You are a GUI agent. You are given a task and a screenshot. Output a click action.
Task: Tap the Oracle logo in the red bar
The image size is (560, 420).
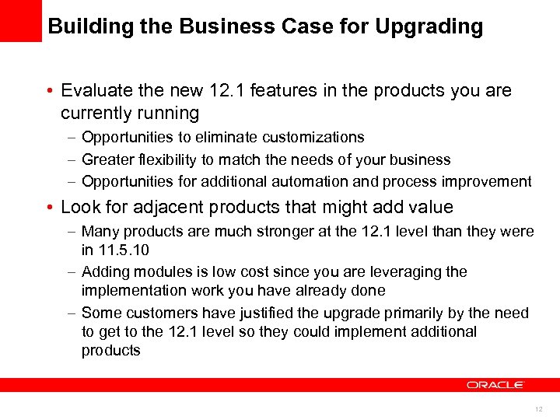tap(495, 384)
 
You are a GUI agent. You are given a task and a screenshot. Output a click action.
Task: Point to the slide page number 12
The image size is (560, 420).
tap(538, 409)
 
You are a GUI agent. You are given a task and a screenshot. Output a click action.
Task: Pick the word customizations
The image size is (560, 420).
tap(313, 137)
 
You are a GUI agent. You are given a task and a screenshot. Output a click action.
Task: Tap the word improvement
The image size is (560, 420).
tap(485, 182)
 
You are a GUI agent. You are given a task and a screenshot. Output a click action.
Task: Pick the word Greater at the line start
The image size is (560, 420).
tap(105, 159)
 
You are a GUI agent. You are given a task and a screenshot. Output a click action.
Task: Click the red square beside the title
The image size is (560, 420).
tap(20, 20)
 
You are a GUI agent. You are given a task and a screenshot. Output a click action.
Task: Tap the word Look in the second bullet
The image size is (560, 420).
tap(79, 208)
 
